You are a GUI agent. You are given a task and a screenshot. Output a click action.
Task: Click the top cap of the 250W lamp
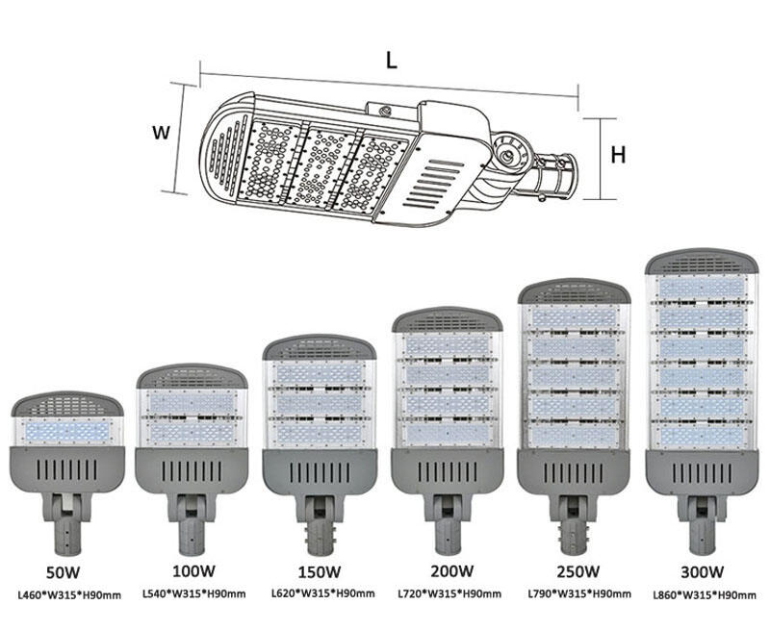pos(574,291)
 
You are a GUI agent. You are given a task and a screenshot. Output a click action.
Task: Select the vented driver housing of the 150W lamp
pos(319,472)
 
